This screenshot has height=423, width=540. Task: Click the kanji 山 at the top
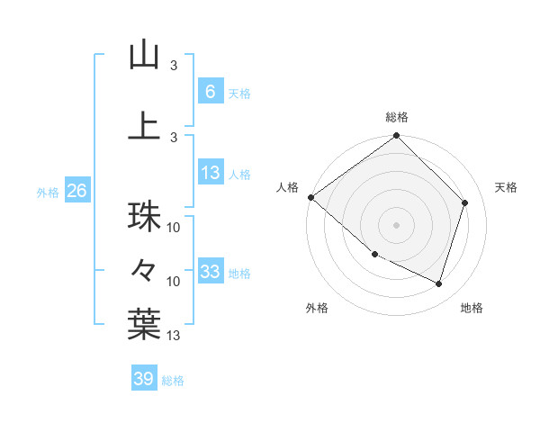pyautogui.click(x=144, y=55)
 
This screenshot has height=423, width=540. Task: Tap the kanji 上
pyautogui.click(x=144, y=125)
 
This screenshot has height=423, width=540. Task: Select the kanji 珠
pyautogui.click(x=144, y=217)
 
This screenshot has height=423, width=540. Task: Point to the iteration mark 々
pyautogui.click(x=144, y=269)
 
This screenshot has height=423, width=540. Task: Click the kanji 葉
pyautogui.click(x=144, y=324)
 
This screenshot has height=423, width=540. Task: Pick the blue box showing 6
pyautogui.click(x=210, y=91)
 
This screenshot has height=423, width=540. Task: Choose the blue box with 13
pyautogui.click(x=210, y=173)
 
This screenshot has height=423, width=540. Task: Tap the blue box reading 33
pyautogui.click(x=210, y=272)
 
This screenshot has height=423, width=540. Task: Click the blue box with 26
pyautogui.click(x=76, y=191)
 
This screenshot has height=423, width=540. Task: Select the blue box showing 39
pyautogui.click(x=143, y=379)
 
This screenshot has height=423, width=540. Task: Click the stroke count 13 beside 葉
pyautogui.click(x=175, y=336)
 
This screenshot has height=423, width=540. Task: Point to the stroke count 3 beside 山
pyautogui.click(x=174, y=66)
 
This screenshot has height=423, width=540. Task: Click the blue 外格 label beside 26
pyautogui.click(x=48, y=192)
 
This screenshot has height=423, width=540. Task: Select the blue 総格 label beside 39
pyautogui.click(x=173, y=381)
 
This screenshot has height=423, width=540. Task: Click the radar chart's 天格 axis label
pyautogui.click(x=506, y=187)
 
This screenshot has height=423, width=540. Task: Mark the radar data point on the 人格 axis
pyautogui.click(x=310, y=197)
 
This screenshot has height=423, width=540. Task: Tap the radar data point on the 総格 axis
pyautogui.click(x=396, y=136)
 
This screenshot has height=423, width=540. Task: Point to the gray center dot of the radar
pyautogui.click(x=396, y=225)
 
